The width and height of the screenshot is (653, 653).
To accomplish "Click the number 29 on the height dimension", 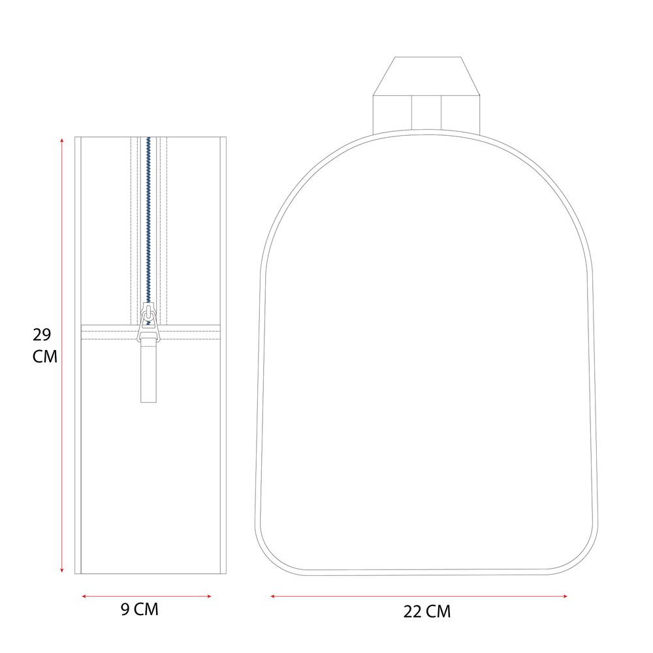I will click(x=42, y=335).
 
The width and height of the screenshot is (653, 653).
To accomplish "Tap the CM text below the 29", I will click(x=44, y=357).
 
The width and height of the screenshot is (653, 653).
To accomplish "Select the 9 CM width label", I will click(x=140, y=609).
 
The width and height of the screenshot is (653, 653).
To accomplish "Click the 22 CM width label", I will click(x=426, y=612).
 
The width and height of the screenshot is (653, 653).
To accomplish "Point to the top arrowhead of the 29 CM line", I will click(x=62, y=140).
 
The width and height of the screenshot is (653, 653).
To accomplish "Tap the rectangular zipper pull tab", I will click(x=148, y=372).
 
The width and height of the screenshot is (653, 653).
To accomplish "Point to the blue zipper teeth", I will click(x=148, y=215).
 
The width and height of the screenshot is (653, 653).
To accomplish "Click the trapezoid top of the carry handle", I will click(x=427, y=76).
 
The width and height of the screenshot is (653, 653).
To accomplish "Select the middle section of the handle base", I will click(x=426, y=112).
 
